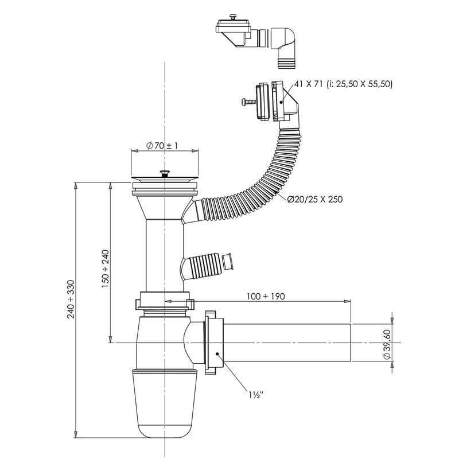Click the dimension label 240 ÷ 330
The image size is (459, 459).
71,299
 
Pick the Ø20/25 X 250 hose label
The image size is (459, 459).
314,199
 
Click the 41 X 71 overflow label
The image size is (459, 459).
343,84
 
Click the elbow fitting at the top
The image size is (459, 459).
286,40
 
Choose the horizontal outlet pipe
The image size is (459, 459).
287,343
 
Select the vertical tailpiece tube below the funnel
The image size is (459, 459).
164,252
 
